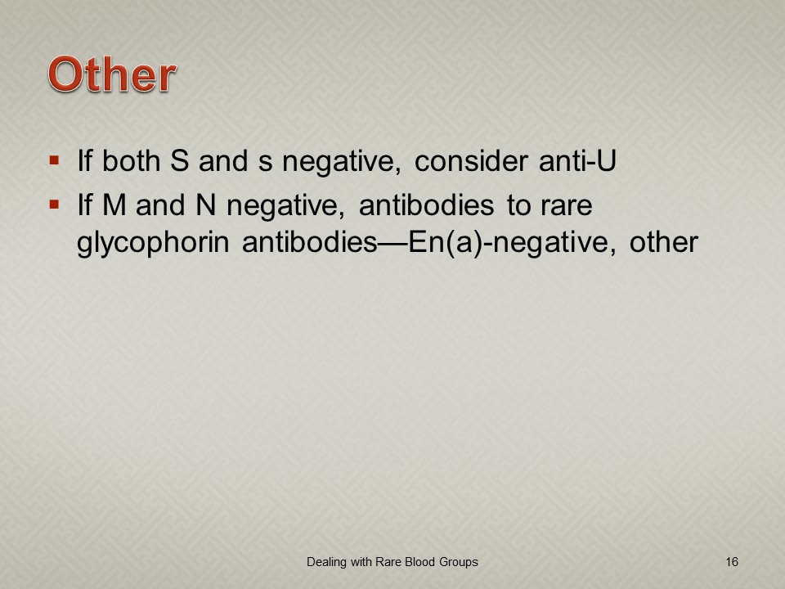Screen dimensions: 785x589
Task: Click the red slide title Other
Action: pos(112,74)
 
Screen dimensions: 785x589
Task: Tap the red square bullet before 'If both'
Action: pos(54,161)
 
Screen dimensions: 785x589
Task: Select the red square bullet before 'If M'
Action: pos(54,205)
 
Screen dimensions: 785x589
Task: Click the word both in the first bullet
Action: pos(131,161)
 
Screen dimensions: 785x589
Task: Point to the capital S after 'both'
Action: pos(180,161)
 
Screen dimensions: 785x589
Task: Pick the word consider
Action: pos(471,161)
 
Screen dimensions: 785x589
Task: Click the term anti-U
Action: pos(577,161)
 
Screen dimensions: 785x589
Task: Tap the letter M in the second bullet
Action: pos(114,205)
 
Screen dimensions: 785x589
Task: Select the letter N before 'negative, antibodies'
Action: pos(206,205)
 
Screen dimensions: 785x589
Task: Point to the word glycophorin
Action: pos(153,243)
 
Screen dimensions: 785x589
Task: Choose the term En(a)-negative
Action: pos(512,243)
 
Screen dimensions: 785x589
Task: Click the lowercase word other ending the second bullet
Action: pos(663,242)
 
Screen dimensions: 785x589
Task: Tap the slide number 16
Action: pos(732,562)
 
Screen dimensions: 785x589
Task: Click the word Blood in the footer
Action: pos(419,562)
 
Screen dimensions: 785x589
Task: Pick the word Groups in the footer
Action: pos(459,563)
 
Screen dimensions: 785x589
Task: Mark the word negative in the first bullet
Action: pos(342,162)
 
